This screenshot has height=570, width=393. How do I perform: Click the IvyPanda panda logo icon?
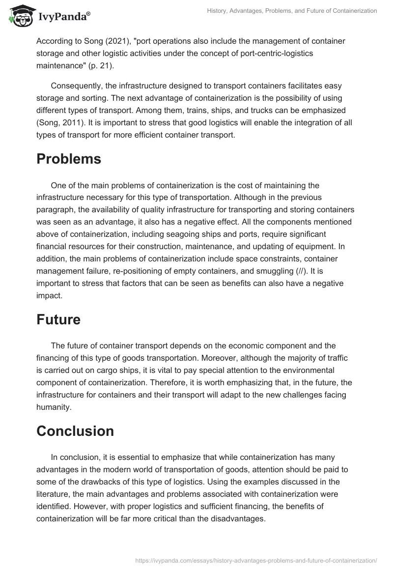[x=19, y=16]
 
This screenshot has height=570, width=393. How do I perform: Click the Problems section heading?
[x=69, y=159]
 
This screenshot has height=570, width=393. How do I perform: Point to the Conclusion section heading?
[x=75, y=431]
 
